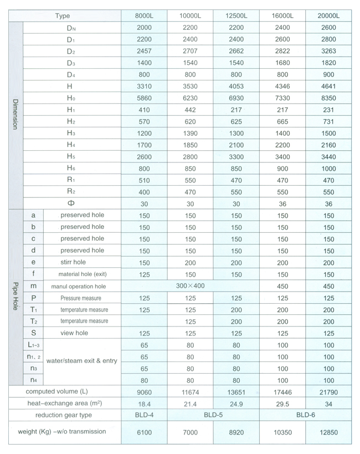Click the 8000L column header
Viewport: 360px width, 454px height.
[144, 16]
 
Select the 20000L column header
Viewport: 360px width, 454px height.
[328, 16]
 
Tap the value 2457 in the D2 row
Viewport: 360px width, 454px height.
[144, 51]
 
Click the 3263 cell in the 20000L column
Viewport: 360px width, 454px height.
[328, 51]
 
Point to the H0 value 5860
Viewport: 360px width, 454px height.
[144, 98]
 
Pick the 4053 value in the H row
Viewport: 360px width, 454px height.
[236, 86]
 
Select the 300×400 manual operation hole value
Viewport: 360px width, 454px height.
[190, 285]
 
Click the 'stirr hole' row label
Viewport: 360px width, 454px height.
[73, 262]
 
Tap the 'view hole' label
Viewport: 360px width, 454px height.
[74, 333]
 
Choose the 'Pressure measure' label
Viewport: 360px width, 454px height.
[82, 298]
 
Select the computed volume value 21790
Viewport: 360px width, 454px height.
[328, 392]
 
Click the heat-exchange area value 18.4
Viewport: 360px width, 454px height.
[144, 404]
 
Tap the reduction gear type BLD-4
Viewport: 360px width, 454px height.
[144, 415]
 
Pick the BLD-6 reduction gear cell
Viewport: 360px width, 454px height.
[305, 415]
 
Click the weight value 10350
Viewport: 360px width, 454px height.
[282, 432]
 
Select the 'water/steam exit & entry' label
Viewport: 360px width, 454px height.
[82, 361]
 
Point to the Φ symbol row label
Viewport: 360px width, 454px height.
[70, 203]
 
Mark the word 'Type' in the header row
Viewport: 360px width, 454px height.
[63, 16]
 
